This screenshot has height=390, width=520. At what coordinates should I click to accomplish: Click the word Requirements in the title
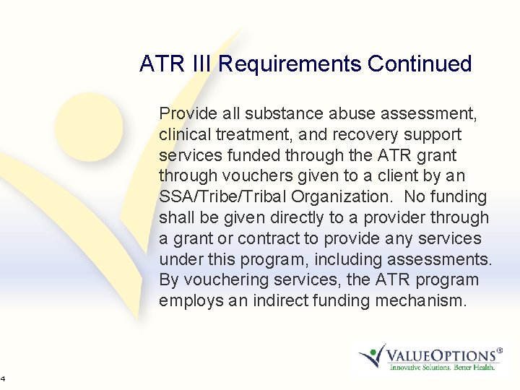[290, 64]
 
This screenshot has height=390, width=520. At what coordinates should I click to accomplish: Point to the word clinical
[185, 134]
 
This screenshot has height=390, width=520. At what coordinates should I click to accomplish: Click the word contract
[257, 238]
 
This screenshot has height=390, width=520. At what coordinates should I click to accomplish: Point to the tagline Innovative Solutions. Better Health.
[442, 368]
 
